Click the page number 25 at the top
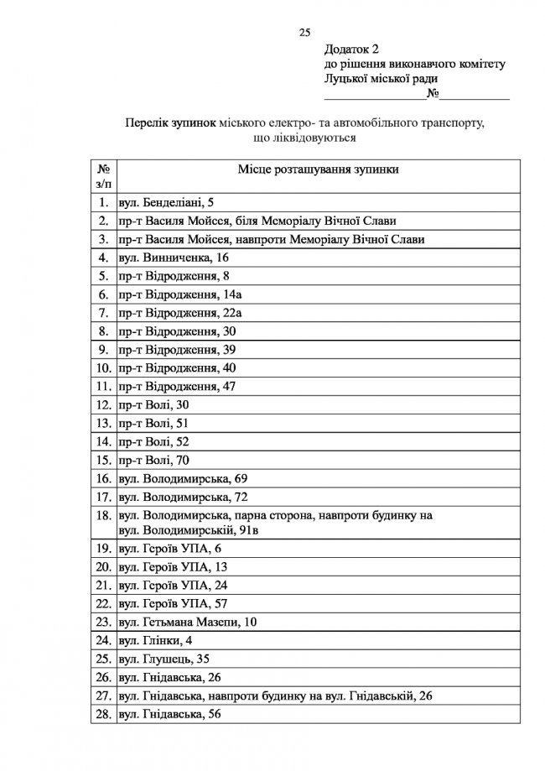pos(304,33)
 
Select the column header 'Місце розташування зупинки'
pos(317,169)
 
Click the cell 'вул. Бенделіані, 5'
pos(167,202)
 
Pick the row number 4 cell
pos(102,257)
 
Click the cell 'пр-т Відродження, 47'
pos(177,387)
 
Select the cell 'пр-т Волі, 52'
pos(153,440)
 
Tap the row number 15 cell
pos(102,459)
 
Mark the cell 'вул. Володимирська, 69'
pos(183,478)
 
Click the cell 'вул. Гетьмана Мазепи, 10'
pos(188,622)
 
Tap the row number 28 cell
pos(102,714)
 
